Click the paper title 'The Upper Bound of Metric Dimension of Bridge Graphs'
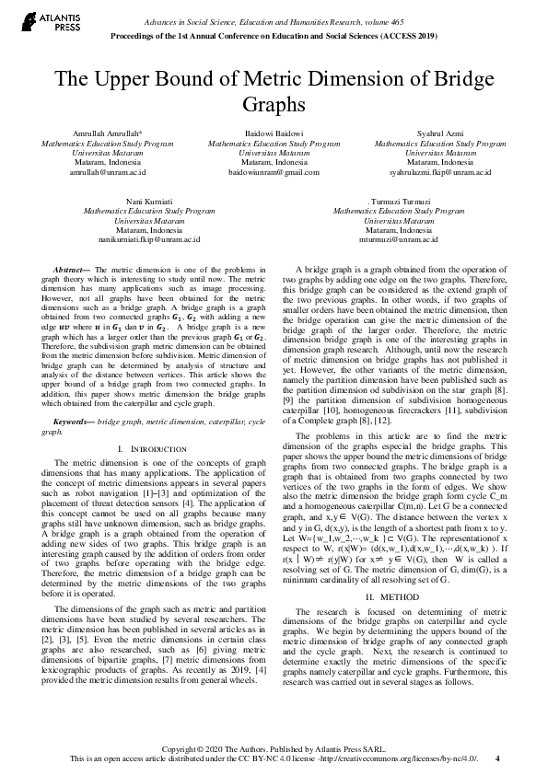click(274, 89)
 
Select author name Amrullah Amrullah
click(101, 135)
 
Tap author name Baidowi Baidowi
click(274, 135)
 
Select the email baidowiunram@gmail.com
click(274, 172)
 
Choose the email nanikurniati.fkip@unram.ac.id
click(149, 238)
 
